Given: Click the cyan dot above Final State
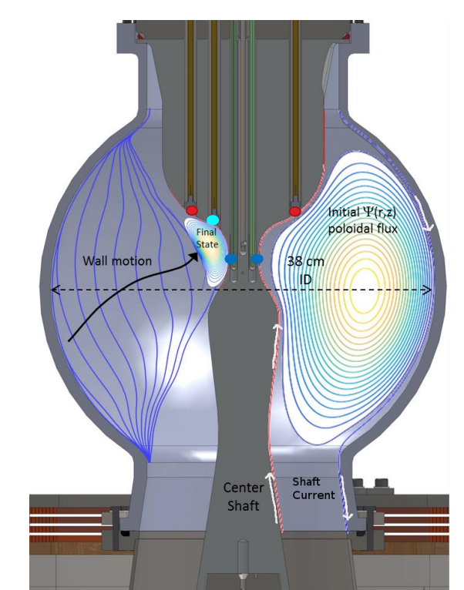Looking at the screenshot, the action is pyautogui.click(x=213, y=220).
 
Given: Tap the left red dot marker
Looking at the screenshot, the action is pyautogui.click(x=192, y=210).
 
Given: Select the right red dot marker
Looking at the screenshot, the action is pyautogui.click(x=295, y=211).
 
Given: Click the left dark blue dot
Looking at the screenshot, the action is pyautogui.click(x=231, y=259).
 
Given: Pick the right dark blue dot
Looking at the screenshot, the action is pyautogui.click(x=257, y=259).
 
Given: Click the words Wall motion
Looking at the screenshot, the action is pyautogui.click(x=117, y=261).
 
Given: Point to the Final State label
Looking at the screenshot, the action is pyautogui.click(x=207, y=238).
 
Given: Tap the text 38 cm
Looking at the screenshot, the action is pyautogui.click(x=305, y=261).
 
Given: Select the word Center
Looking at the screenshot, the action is pyautogui.click(x=244, y=488).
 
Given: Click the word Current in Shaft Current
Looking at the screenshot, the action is pyautogui.click(x=314, y=494).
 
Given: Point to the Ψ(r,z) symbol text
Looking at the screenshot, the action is pyautogui.click(x=379, y=213).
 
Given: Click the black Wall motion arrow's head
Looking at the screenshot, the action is pyautogui.click(x=194, y=257).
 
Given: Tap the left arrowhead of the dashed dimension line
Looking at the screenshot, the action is pyautogui.click(x=55, y=290).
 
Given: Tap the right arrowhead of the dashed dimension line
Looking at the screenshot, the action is pyautogui.click(x=427, y=290).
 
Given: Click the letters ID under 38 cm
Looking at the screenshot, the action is pyautogui.click(x=305, y=279).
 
